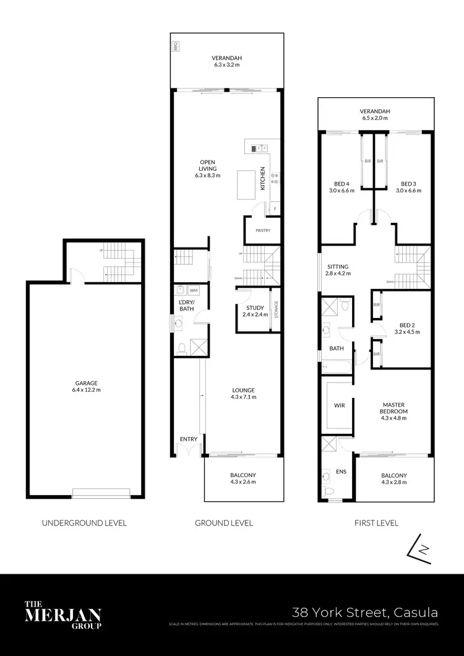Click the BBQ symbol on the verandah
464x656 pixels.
pyautogui.click(x=176, y=46)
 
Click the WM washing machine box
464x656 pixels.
pyautogui.click(x=193, y=290)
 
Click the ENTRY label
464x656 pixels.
pyautogui.click(x=189, y=439)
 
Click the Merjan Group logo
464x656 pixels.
pyautogui.click(x=62, y=614)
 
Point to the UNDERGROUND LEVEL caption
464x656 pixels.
pyautogui.click(x=84, y=523)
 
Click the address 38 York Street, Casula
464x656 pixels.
pyautogui.click(x=365, y=613)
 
